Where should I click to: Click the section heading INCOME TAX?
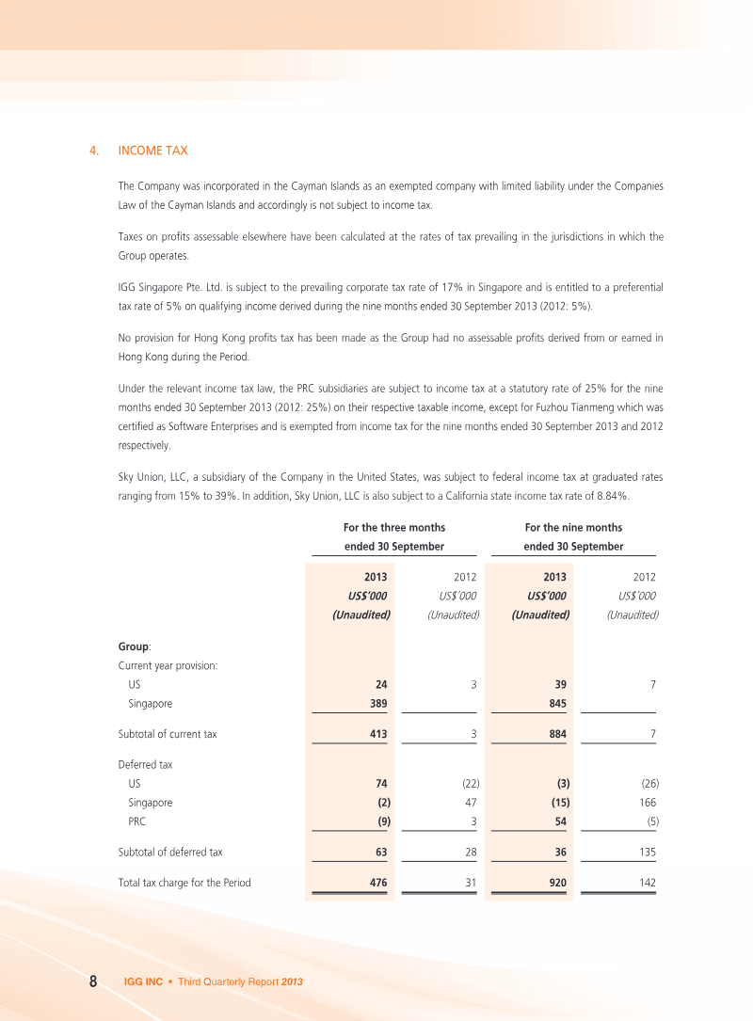pyautogui.click(x=152, y=151)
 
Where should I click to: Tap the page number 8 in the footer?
pyautogui.click(x=94, y=981)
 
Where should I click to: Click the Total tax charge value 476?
pyautogui.click(x=379, y=882)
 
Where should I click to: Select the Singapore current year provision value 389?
pyautogui.click(x=379, y=703)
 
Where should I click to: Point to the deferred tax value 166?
pyautogui.click(x=645, y=803)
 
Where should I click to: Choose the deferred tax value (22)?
pyautogui.click(x=468, y=783)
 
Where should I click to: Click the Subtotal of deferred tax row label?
pyautogui.click(x=170, y=853)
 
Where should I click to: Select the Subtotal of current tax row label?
pyautogui.click(x=168, y=733)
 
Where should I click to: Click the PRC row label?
pyautogui.click(x=137, y=822)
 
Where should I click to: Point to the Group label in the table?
pyautogui.click(x=134, y=647)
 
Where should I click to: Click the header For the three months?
pyautogui.click(x=394, y=528)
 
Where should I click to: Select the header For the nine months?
pyautogui.click(x=573, y=528)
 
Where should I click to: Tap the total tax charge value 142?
pyautogui.click(x=645, y=882)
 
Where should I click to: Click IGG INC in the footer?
pyautogui.click(x=143, y=981)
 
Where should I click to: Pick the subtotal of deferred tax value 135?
pyautogui.click(x=645, y=853)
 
